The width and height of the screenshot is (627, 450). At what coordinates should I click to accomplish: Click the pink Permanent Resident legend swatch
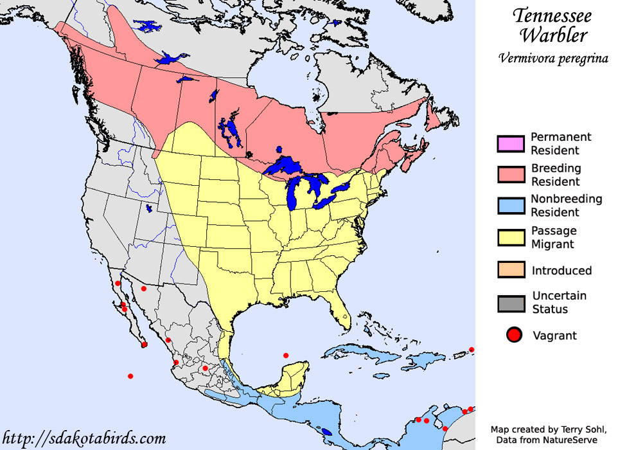click(511, 143)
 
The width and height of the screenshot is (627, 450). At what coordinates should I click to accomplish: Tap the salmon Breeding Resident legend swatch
click(511, 175)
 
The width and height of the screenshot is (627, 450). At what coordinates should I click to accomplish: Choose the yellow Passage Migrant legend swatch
click(511, 237)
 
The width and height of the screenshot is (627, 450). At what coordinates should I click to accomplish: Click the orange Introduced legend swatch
click(511, 269)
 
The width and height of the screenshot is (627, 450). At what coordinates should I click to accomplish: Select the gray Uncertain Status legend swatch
click(511, 302)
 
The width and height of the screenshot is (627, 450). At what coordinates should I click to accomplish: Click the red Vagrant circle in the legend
click(513, 336)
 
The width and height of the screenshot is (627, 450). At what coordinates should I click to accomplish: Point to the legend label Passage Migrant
click(553, 237)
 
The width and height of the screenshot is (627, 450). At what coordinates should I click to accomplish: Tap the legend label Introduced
click(561, 271)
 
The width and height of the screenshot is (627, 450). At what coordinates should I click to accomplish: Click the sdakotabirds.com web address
click(84, 438)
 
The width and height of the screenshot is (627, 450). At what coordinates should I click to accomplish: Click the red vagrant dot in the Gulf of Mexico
click(286, 355)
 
